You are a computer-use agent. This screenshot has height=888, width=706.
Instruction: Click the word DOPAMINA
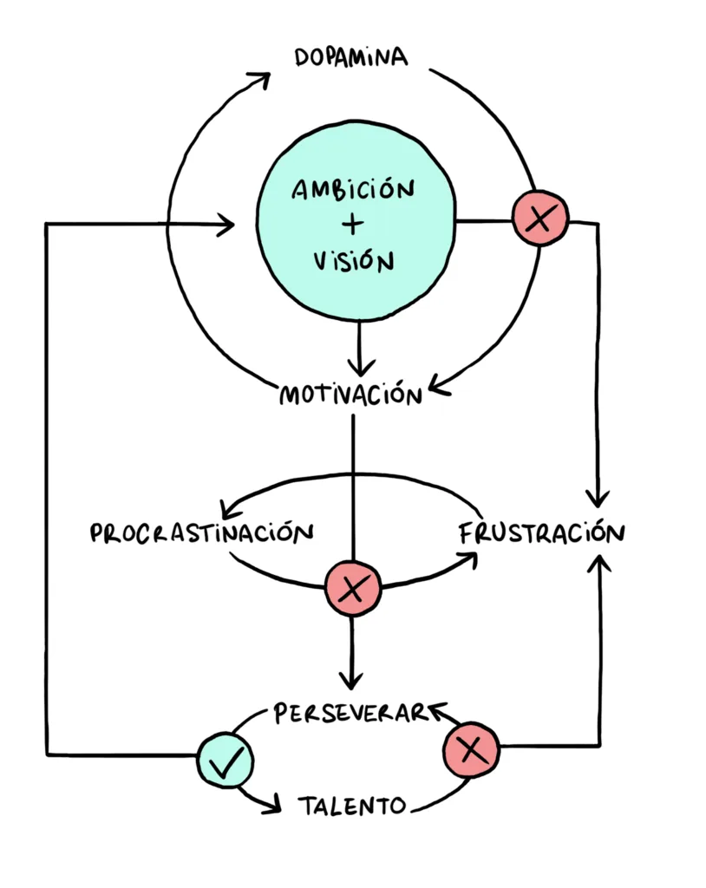click(x=350, y=58)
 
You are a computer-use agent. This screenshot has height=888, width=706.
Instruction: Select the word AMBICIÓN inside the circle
click(x=352, y=190)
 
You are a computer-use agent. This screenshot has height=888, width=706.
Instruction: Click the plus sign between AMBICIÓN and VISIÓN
click(x=352, y=224)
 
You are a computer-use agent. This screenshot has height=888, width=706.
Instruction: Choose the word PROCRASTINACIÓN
click(x=201, y=532)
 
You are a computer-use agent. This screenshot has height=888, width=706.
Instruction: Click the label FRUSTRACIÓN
click(x=540, y=532)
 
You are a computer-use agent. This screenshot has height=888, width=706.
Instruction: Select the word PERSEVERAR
click(x=350, y=713)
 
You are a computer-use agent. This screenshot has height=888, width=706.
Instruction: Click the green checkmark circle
click(x=225, y=762)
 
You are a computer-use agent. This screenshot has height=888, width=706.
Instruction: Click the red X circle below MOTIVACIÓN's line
click(x=352, y=591)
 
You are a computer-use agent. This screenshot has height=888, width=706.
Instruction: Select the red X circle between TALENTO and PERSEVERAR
click(x=472, y=747)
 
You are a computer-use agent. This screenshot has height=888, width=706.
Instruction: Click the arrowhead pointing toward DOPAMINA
click(x=259, y=79)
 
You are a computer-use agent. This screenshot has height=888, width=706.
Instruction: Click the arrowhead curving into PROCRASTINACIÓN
click(x=231, y=509)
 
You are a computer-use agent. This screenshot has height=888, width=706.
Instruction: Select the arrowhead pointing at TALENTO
click(x=272, y=806)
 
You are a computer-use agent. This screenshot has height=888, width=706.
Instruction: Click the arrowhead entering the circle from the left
click(x=228, y=225)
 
